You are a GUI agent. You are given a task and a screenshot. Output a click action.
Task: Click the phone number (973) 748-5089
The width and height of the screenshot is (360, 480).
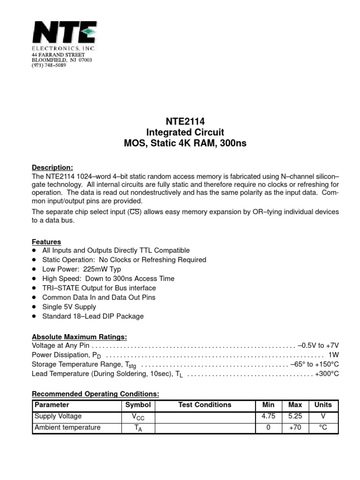tap(49, 66)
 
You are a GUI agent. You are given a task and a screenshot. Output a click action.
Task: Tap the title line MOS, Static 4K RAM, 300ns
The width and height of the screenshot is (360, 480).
tap(184, 143)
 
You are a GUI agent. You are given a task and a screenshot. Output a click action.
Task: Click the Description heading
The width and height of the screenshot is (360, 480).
tap(52, 167)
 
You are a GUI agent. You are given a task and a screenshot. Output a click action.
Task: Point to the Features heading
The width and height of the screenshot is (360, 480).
tap(46, 242)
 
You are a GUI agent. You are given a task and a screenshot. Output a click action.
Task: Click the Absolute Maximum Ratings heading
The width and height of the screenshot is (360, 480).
tap(79, 337)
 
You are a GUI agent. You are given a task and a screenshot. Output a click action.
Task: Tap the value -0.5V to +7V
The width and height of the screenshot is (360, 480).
tap(318, 345)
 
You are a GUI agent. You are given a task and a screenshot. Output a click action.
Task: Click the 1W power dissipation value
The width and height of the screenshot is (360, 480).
tap(333, 355)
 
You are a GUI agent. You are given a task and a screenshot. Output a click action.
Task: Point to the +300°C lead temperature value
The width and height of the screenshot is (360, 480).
tap(327, 374)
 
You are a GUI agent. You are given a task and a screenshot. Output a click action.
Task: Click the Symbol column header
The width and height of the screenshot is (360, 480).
tap(138, 405)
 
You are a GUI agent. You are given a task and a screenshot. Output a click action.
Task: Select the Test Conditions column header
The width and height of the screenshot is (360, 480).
tap(205, 405)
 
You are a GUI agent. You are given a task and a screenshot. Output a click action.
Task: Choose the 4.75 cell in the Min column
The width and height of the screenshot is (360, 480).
tap(268, 416)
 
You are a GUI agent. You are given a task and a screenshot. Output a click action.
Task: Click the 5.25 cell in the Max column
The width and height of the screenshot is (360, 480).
tap(295, 416)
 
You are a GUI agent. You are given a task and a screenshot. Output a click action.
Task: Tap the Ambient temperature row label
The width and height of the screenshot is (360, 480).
tap(67, 427)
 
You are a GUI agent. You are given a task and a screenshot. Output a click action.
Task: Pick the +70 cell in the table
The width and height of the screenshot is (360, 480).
tap(295, 427)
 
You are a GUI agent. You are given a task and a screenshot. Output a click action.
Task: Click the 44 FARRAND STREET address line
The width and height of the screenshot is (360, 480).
tap(58, 55)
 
